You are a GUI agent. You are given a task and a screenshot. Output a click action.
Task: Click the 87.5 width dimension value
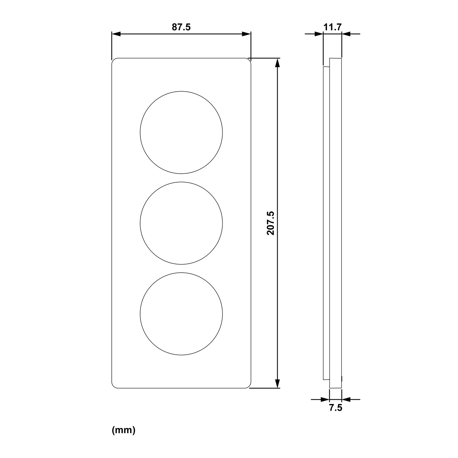click(x=181, y=27)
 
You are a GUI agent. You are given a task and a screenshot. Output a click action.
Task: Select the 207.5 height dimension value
click(x=271, y=223)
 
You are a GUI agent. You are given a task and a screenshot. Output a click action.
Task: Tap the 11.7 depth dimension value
click(x=332, y=27)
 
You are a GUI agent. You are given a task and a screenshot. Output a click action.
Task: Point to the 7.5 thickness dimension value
click(x=336, y=408)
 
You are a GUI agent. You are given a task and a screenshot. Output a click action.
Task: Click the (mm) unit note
click(x=124, y=431)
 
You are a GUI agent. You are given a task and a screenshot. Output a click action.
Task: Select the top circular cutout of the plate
click(x=181, y=91)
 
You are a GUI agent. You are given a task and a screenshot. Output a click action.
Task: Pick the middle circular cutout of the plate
click(x=181, y=182)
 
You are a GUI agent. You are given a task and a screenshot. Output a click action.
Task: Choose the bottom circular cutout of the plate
click(x=181, y=272)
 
